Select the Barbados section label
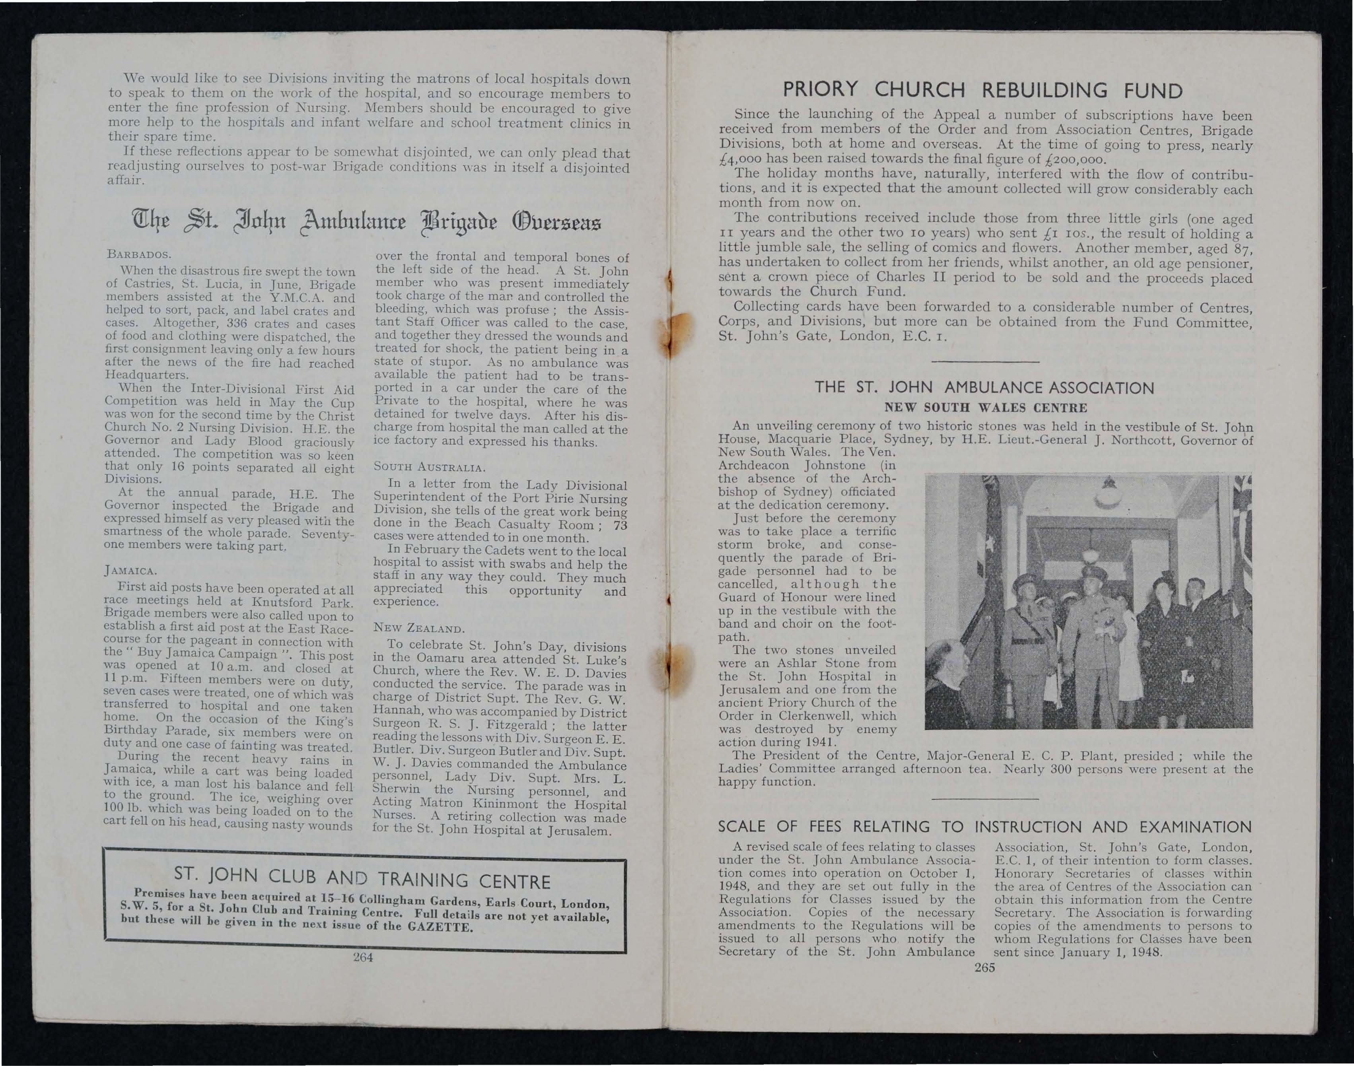point(135,254)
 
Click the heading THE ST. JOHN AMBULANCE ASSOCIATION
point(984,388)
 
